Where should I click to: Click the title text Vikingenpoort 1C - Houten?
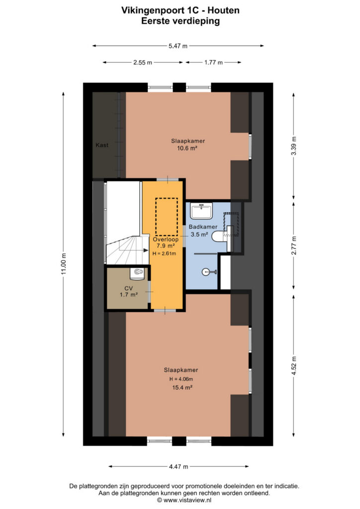180,10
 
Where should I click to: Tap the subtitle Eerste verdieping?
180,21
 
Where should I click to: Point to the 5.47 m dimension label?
178,46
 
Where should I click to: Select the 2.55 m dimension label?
143,63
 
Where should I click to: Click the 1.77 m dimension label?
213,63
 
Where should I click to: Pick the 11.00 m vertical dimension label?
64,264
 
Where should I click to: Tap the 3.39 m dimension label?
294,146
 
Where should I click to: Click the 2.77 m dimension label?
294,245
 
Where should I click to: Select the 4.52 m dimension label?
294,366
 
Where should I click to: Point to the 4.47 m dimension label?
179,467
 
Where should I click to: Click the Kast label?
102,145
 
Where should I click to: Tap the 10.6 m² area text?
187,148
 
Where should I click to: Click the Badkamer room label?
203,227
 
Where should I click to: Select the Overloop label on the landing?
166,240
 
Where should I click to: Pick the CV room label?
129,288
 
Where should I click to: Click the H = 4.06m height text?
181,379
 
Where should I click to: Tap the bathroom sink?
201,211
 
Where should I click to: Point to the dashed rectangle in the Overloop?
167,217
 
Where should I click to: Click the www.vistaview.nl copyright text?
184,501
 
